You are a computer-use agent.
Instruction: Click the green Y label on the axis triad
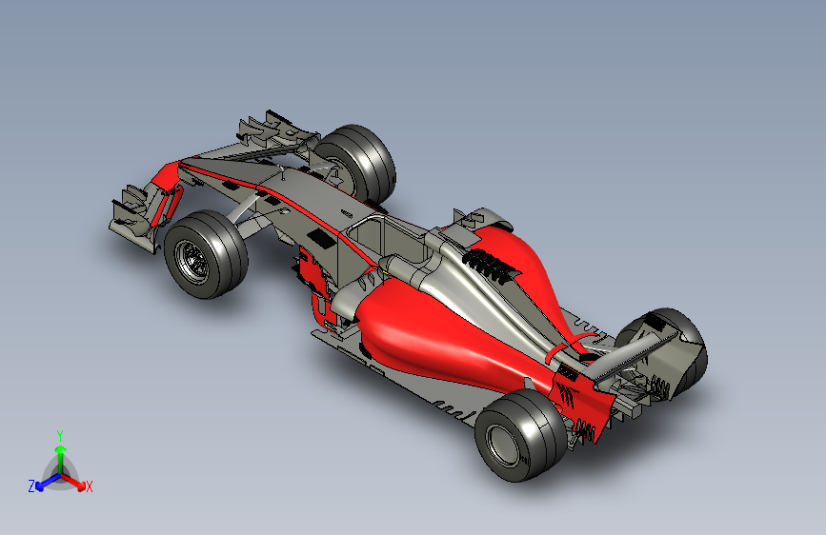click(60, 436)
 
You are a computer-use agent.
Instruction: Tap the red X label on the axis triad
click(89, 487)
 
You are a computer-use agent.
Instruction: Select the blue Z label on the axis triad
click(31, 486)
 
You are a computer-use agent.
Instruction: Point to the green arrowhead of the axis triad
click(61, 450)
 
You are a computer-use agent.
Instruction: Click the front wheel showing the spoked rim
click(206, 254)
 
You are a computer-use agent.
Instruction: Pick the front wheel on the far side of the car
click(355, 163)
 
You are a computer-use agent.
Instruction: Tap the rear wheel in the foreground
click(520, 435)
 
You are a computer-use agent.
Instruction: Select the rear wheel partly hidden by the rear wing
click(672, 350)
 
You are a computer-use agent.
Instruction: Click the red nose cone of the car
click(166, 175)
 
